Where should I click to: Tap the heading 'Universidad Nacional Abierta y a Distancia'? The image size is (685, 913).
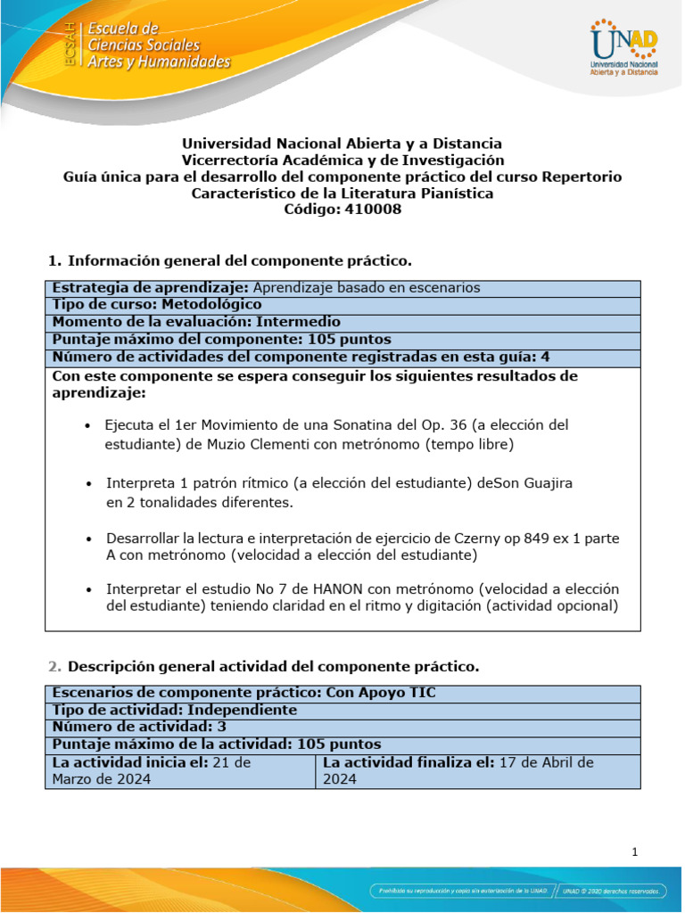pos(342,144)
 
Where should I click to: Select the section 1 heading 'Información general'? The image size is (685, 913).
pos(239,261)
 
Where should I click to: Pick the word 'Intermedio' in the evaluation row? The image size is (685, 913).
pos(298,322)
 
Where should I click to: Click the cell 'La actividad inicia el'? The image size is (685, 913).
pos(180,770)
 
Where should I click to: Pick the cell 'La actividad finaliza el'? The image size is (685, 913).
pos(477,770)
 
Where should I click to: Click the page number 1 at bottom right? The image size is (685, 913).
pos(634,852)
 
